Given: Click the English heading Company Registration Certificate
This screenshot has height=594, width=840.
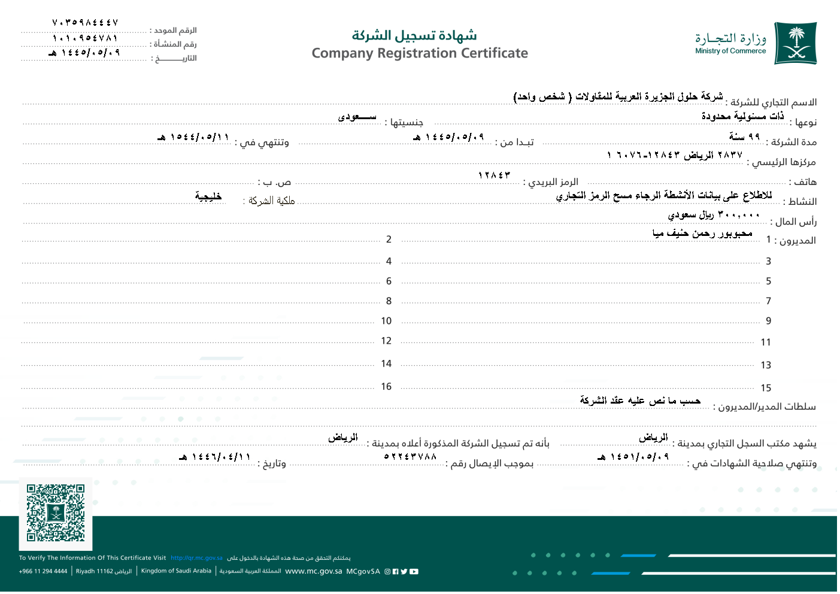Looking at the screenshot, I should point(420,53).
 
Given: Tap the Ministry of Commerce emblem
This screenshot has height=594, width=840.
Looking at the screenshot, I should point(795,43).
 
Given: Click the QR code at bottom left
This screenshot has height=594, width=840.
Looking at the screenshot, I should point(56,513).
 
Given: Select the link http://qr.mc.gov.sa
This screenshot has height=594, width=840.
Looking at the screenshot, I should point(196,558).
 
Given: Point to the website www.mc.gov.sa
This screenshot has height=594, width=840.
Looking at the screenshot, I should point(313,571).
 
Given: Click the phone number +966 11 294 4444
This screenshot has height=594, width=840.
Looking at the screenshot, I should point(43,571).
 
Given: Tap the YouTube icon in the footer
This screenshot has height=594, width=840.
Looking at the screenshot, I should point(414,571).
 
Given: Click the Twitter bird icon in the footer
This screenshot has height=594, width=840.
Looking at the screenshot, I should point(404,571).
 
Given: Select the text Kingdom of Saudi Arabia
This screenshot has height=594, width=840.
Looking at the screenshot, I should point(176,571).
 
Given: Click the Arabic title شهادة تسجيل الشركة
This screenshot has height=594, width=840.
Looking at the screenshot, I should point(414,35).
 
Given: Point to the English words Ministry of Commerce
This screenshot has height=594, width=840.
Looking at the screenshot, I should point(730,51).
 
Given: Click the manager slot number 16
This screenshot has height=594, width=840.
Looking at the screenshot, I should point(386,387).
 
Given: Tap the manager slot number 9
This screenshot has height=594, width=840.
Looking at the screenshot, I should point(768,321).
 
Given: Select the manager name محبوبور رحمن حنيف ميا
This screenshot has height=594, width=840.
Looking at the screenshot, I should point(702,234).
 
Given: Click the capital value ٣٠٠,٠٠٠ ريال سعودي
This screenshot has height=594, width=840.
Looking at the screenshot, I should point(713,214).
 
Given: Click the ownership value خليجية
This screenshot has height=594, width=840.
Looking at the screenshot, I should point(208,196).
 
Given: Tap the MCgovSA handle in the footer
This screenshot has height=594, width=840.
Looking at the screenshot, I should point(363,571).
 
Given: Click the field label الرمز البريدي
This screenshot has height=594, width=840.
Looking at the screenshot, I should point(551,182).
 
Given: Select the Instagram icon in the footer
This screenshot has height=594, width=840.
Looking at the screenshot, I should point(387,571).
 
